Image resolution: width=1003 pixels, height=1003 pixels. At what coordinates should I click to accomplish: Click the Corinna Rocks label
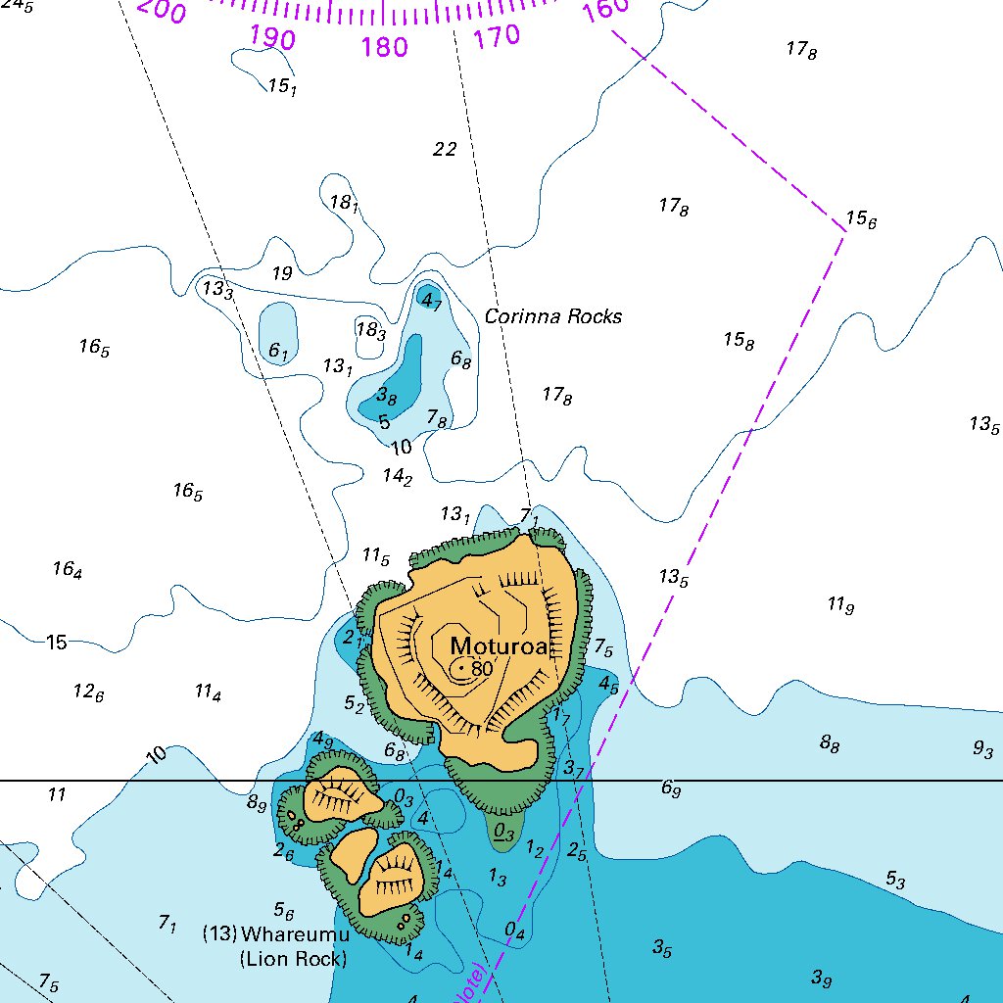[x=553, y=316]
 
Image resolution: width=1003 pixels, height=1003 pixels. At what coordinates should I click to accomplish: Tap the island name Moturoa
[x=497, y=646]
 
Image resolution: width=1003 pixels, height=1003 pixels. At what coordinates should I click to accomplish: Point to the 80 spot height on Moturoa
[x=481, y=669]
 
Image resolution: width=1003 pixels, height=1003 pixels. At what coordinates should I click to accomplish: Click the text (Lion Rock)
[x=294, y=959]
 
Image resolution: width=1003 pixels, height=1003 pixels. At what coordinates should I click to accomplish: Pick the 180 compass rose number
[x=384, y=46]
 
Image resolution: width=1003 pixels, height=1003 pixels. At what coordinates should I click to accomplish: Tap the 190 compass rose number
[x=272, y=37]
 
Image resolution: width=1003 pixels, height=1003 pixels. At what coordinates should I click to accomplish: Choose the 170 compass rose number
[x=497, y=37]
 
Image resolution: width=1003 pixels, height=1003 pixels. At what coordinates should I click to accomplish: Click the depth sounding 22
[x=445, y=149]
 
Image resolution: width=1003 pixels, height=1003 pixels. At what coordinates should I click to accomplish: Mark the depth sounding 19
[x=282, y=273]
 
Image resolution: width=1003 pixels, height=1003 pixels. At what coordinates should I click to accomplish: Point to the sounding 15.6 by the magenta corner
[x=861, y=219]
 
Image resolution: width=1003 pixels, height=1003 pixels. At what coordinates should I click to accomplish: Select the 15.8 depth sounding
[x=739, y=341]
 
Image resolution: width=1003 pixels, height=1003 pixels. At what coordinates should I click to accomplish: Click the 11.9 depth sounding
[x=840, y=605]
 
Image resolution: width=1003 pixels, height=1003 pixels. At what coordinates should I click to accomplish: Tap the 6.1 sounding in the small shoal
[x=278, y=351]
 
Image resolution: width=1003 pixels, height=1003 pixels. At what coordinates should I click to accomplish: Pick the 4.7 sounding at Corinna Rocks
[x=431, y=302]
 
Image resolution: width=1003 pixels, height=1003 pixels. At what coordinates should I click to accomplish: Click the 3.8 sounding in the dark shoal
[x=387, y=397]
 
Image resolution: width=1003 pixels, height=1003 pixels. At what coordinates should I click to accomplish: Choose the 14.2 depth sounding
[x=397, y=477]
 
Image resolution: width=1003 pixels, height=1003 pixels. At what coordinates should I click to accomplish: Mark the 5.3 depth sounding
[x=895, y=880]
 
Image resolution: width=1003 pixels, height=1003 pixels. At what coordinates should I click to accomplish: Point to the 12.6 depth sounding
[x=88, y=692]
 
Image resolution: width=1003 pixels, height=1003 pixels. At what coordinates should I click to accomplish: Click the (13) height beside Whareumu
[x=219, y=933]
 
